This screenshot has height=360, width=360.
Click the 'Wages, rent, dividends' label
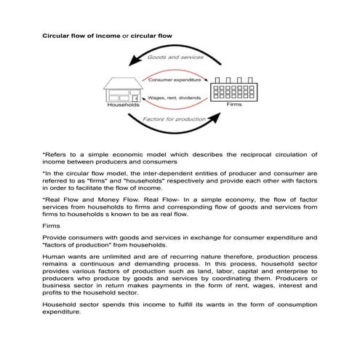(175, 97)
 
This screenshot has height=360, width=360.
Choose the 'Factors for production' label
(174, 118)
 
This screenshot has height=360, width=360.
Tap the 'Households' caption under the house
(122, 105)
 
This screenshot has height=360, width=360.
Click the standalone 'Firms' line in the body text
(52, 227)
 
